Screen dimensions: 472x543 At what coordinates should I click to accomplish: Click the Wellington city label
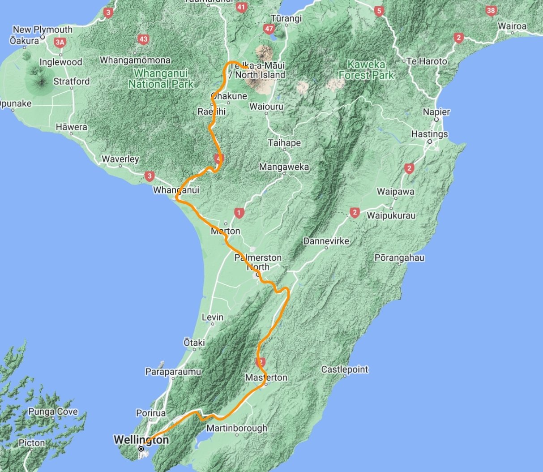141,440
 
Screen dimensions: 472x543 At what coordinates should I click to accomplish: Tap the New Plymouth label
43,30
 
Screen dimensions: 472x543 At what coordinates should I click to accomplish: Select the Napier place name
436,112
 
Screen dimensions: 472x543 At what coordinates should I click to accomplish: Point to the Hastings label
429,134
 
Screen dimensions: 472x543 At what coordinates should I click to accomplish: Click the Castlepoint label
345,369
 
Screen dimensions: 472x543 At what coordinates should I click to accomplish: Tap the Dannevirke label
326,241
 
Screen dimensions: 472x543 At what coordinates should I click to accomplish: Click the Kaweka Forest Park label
366,70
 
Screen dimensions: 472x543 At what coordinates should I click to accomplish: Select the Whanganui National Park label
161,78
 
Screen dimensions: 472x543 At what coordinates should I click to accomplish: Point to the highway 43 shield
143,39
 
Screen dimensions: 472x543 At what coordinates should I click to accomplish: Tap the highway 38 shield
491,11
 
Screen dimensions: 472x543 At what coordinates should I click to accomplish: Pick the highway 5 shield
379,11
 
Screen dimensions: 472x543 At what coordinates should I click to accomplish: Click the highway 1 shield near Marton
239,213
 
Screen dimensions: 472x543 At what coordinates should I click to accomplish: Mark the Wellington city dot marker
141,448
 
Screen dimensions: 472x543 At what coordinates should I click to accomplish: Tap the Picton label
32,443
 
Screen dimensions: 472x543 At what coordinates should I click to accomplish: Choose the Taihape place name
284,143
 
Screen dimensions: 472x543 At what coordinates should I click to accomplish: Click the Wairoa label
512,26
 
